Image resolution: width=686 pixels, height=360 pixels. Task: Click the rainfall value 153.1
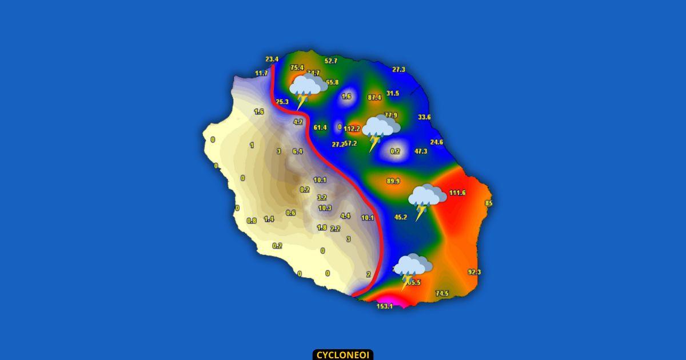[385, 306]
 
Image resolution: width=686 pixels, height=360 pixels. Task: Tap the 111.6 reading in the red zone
[457, 193]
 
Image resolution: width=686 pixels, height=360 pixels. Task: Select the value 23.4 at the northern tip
[272, 59]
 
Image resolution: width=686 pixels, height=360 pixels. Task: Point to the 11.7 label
[261, 73]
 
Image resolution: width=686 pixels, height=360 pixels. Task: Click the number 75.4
[297, 67]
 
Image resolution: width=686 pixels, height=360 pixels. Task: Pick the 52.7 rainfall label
[331, 61]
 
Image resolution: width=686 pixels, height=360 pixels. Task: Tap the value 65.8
[332, 82]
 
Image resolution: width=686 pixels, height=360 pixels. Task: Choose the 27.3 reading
[398, 69]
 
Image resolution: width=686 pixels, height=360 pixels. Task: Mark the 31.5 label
[393, 93]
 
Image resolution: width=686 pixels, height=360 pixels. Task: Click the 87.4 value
[374, 98]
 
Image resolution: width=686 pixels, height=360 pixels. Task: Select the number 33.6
[424, 117]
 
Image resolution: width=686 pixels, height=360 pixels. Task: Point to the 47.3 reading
[421, 151]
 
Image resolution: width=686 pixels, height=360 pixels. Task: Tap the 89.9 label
[393, 181]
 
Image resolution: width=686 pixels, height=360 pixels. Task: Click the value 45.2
[401, 217]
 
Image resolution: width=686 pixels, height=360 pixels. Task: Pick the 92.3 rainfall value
[474, 272]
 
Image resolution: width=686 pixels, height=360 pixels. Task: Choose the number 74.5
[442, 294]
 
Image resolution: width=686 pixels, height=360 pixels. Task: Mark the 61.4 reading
[320, 127]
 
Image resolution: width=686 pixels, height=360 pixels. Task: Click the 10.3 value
[325, 208]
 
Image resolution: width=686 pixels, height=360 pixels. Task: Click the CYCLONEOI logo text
[343, 355]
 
